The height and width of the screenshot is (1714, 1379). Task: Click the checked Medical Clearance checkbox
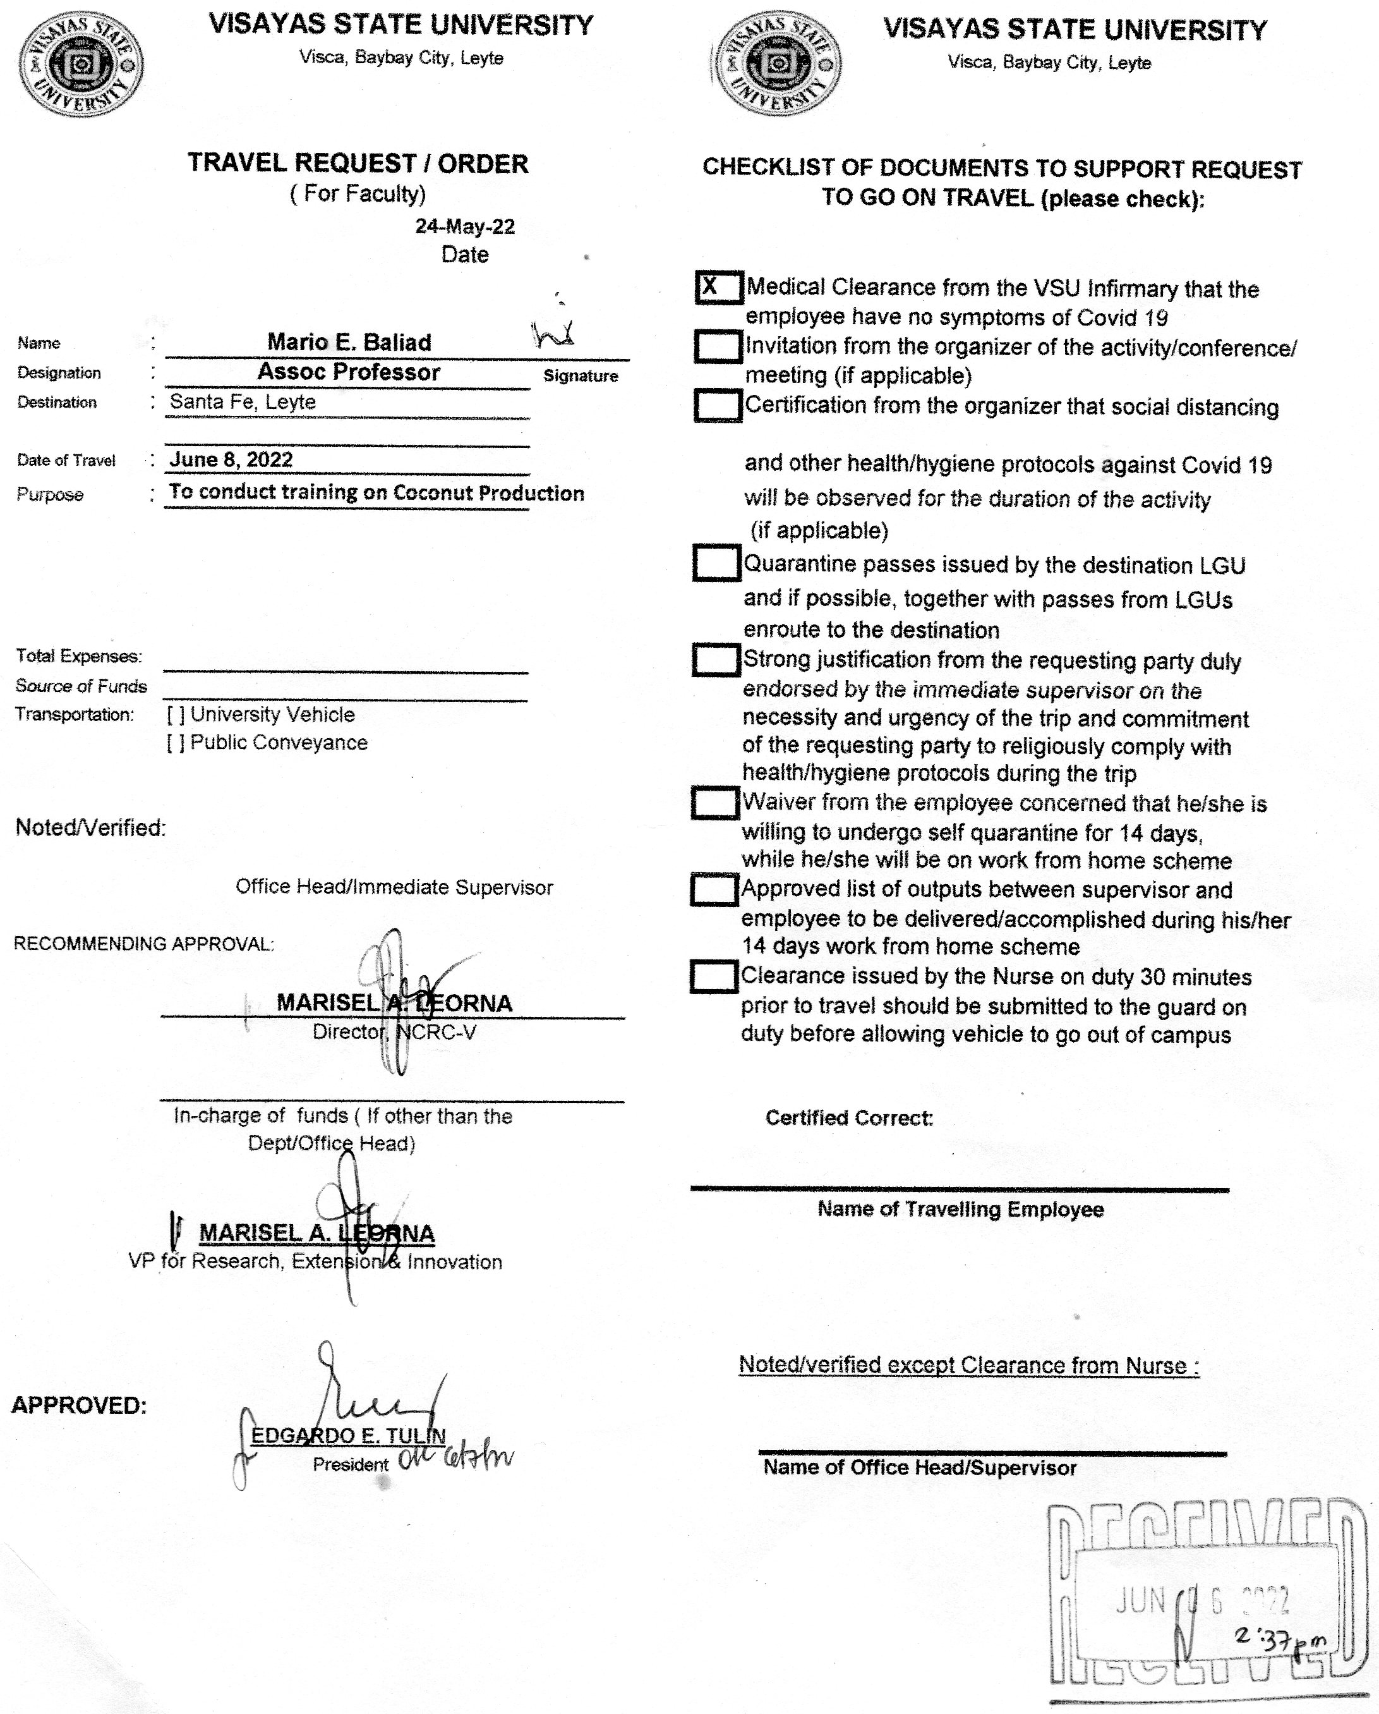(718, 287)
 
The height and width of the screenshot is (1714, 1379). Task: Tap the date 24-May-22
(465, 226)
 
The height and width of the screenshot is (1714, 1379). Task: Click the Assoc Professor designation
(348, 372)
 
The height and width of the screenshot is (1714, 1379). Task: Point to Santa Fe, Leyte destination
(243, 402)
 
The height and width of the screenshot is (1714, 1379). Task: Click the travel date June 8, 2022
(231, 459)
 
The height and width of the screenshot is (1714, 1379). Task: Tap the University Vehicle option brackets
(176, 715)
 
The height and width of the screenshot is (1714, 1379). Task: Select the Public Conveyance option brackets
(176, 743)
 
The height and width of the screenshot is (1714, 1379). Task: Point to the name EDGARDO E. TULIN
(348, 1436)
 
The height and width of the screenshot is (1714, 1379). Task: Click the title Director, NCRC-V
(394, 1032)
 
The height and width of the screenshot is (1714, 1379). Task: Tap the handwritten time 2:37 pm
(1280, 1637)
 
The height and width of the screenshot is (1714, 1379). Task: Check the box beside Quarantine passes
(716, 563)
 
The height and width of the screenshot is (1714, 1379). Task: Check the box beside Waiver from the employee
(715, 802)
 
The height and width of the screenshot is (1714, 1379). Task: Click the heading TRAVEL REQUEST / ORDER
(358, 164)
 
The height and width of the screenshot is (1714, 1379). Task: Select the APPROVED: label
(80, 1406)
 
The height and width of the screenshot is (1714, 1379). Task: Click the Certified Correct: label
(849, 1118)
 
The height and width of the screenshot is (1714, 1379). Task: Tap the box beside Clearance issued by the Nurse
(714, 976)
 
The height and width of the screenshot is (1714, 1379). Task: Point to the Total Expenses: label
(79, 657)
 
